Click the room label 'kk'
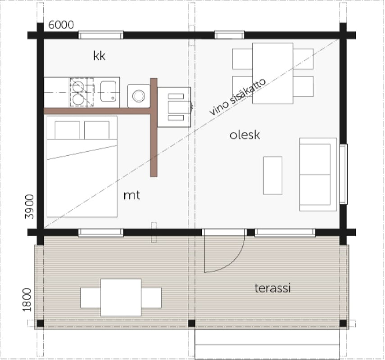(x=99, y=56)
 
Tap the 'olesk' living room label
(x=245, y=135)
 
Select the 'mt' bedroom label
(x=132, y=195)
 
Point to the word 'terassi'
(x=272, y=288)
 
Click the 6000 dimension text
(x=61, y=25)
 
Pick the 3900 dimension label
(x=29, y=207)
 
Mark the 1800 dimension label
(x=27, y=300)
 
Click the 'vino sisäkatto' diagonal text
(x=238, y=97)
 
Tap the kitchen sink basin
(x=108, y=91)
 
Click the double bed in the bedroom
(x=82, y=166)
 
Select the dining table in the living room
(x=272, y=73)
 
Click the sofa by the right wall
(x=317, y=175)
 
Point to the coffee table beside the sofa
(x=272, y=175)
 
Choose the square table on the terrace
(x=121, y=297)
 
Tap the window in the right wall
(x=344, y=174)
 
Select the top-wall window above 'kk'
(x=101, y=35)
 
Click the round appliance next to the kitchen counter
(x=139, y=96)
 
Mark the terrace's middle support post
(x=191, y=324)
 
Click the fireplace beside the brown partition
(x=174, y=107)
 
